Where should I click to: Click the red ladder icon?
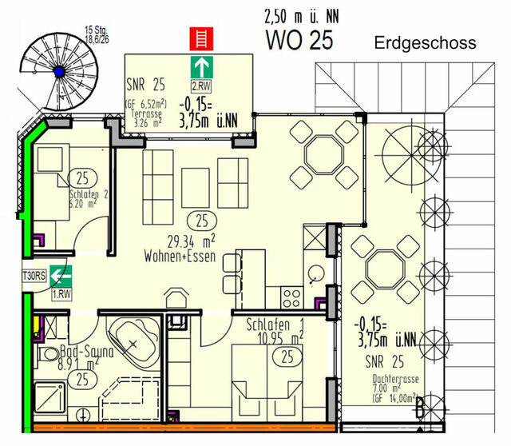coord(196,38)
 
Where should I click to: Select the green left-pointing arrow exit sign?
coord(57,277)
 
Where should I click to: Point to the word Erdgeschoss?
coord(425,43)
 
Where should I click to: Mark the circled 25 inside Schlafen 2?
coord(81,177)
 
